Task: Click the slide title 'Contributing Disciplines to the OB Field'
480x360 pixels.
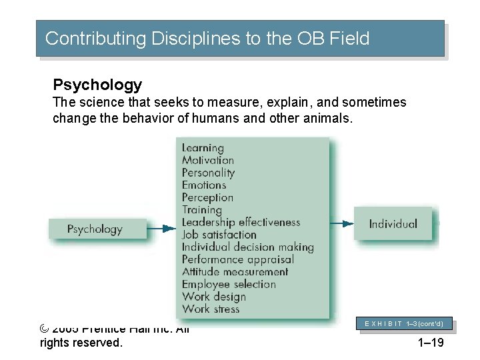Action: (x=207, y=39)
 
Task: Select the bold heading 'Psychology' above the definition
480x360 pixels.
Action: (x=97, y=85)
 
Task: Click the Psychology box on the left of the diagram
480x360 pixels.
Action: (x=95, y=229)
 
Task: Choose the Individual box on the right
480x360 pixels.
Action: (x=393, y=224)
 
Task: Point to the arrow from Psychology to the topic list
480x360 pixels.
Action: (x=161, y=229)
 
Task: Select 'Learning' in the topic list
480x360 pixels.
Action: (x=203, y=148)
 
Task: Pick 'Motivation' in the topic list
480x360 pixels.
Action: (x=208, y=160)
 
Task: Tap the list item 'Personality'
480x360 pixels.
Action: (x=209, y=173)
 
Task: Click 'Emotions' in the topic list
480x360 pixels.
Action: (x=204, y=185)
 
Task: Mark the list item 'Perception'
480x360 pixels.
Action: (x=207, y=198)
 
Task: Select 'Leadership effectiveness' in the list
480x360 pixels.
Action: (x=241, y=223)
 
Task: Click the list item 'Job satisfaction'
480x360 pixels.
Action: (x=219, y=235)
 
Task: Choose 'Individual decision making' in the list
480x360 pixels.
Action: (x=247, y=247)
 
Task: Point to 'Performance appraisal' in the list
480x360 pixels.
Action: (x=237, y=259)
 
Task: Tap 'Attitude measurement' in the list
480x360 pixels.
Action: (x=235, y=272)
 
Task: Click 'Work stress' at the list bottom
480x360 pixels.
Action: (x=211, y=309)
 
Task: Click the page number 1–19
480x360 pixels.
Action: (x=430, y=343)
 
